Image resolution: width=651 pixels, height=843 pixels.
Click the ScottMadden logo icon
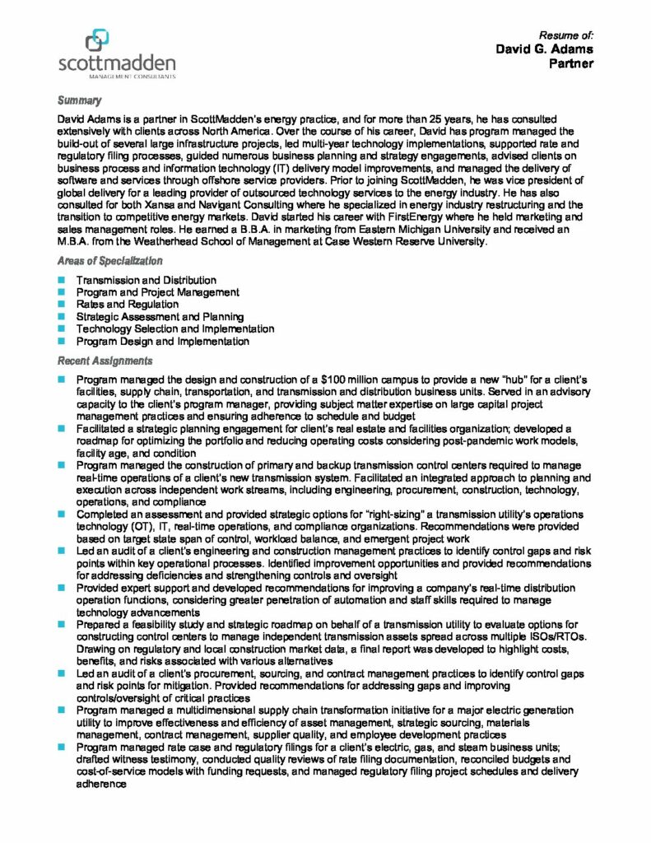97,40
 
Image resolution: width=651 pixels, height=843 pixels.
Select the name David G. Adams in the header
544,49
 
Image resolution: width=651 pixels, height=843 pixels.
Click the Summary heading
79,100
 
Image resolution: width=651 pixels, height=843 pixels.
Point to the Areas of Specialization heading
109,261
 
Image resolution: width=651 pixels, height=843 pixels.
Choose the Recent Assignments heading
105,361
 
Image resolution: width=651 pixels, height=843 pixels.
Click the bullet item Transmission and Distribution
146,281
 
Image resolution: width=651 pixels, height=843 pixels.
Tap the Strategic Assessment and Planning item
160,317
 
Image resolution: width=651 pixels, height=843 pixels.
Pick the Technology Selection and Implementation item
174,328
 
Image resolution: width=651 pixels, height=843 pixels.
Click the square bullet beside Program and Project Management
61,293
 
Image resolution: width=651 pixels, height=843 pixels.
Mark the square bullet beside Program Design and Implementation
61,341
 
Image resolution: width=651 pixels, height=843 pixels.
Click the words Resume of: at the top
566,35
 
